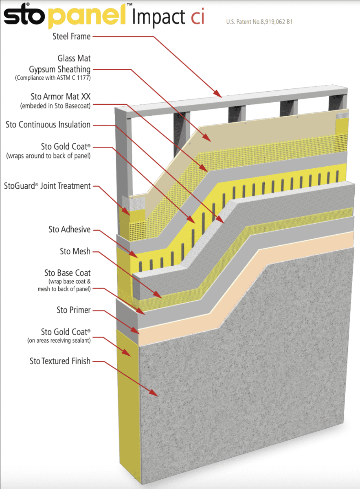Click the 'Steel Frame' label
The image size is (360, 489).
71,36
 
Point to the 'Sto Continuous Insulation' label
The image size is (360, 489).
48,124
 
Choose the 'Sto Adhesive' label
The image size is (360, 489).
69,229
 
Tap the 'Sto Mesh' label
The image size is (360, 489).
75,251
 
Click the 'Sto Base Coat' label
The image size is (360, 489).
67,273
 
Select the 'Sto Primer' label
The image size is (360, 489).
73,310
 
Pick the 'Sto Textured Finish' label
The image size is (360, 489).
60,361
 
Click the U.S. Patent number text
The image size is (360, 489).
259,22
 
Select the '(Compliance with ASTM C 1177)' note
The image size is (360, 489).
53,77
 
